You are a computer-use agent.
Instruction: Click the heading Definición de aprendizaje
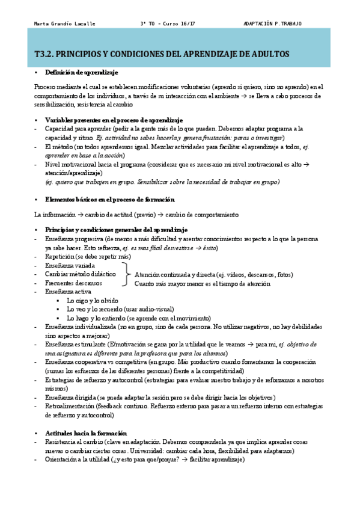(x=82, y=72)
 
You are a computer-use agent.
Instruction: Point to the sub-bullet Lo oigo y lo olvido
(x=93, y=300)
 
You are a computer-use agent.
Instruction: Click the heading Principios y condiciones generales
(x=116, y=230)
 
